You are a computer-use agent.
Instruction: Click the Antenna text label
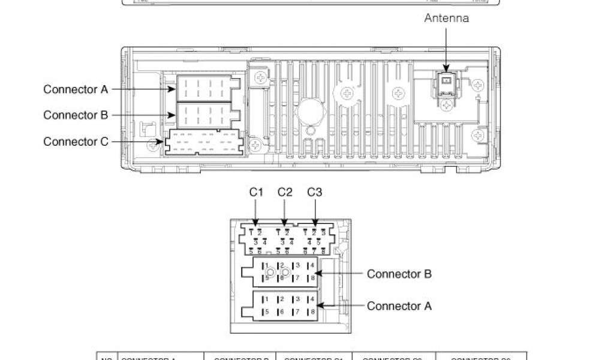pyautogui.click(x=446, y=19)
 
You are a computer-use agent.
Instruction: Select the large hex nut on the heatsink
pyautogui.click(x=310, y=111)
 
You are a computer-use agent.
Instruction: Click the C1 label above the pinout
pyautogui.click(x=256, y=193)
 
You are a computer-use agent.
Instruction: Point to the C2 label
pyautogui.click(x=285, y=193)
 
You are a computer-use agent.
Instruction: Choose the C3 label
pyautogui.click(x=314, y=193)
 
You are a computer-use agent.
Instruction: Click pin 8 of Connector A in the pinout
pyautogui.click(x=311, y=312)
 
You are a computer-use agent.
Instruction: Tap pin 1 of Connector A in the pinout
pyautogui.click(x=266, y=299)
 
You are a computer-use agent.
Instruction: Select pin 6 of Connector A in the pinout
pyautogui.click(x=281, y=312)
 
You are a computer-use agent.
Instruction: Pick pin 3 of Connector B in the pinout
pyautogui.click(x=296, y=265)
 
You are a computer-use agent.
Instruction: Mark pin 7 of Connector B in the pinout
pyautogui.click(x=296, y=278)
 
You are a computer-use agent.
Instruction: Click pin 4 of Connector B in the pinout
pyautogui.click(x=311, y=265)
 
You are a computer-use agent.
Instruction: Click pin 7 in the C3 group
pyautogui.click(x=314, y=251)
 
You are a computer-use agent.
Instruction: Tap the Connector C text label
pyautogui.click(x=76, y=142)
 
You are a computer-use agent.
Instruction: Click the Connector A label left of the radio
pyautogui.click(x=76, y=89)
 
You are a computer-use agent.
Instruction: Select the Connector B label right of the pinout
pyautogui.click(x=399, y=274)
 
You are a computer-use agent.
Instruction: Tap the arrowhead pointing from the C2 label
pyautogui.click(x=285, y=223)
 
